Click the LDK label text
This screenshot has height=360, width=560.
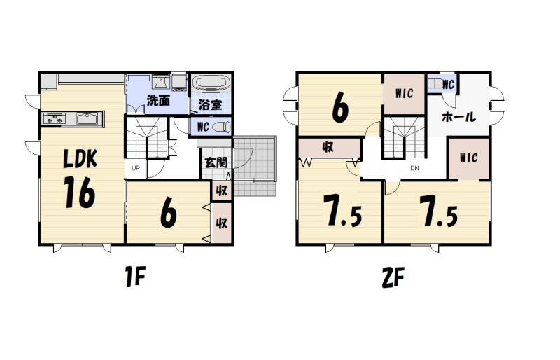pos(80,159)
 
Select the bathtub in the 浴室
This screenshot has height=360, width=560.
pos(211,83)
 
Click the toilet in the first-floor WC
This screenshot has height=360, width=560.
pos(222,127)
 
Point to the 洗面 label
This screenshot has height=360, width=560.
pos(159,101)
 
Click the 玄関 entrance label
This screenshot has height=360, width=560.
pos(216,162)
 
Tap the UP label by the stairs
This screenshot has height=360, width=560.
pos(136,168)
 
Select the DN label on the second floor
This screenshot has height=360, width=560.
pos(414,168)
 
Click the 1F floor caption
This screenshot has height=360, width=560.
pos(136,277)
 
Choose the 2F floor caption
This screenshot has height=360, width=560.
pos(393,277)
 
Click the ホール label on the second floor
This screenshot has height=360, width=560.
pos(459,117)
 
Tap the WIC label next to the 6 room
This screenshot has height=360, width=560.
pos(405,94)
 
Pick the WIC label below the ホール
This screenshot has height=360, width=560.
pos(469,158)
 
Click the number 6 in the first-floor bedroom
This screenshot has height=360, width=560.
pos(169,213)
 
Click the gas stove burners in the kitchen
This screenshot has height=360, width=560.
pos(55,118)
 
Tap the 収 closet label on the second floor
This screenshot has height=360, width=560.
pos(328,147)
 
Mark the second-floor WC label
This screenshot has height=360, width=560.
pos(448,85)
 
